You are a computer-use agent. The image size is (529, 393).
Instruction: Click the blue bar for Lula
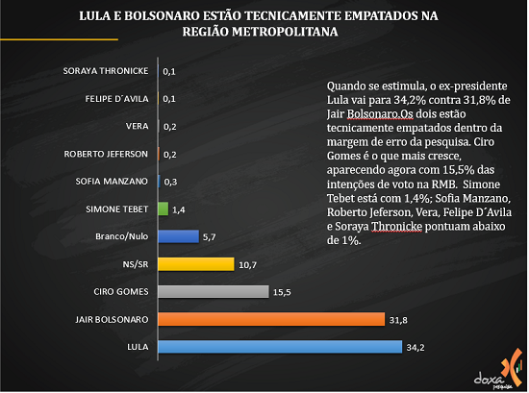pos(280,347)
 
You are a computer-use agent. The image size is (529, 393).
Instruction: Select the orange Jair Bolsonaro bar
pos(271,319)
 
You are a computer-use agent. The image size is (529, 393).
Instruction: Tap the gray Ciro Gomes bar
pos(214,291)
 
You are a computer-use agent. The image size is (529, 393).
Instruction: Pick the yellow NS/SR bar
pos(196,264)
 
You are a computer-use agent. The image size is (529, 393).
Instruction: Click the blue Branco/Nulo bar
pos(179,236)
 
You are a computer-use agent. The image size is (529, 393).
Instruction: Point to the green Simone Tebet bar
pos(164,209)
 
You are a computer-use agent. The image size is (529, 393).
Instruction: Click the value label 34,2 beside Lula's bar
pos(416,348)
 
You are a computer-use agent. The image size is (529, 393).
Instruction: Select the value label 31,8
pos(398,320)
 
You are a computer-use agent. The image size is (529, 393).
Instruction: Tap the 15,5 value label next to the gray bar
pos(282,292)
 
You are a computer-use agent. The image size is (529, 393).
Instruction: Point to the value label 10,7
pos(247,265)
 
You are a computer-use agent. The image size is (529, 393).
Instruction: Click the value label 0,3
pos(170,182)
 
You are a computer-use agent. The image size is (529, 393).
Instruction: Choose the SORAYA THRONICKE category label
pos(106,71)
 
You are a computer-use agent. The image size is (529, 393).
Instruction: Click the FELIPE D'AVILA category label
pos(116,99)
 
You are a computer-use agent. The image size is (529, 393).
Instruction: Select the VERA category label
pos(137,126)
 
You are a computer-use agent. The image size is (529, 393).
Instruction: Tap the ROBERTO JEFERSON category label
pos(106,154)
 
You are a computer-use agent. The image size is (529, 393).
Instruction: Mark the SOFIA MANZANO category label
pos(112,182)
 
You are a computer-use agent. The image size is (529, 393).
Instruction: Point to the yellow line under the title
pos(59,39)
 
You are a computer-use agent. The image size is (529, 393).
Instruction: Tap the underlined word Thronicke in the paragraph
pos(396,227)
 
